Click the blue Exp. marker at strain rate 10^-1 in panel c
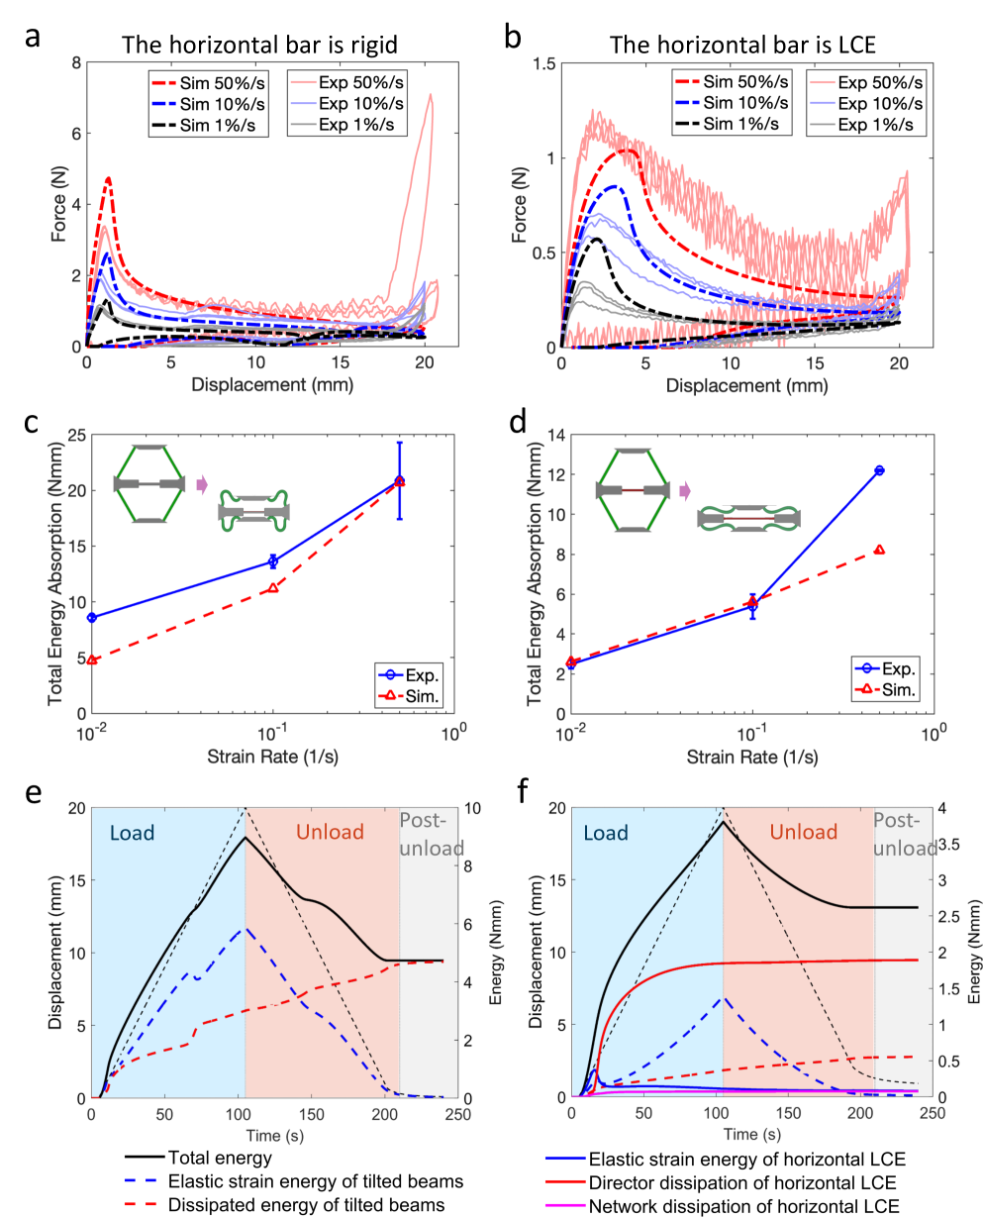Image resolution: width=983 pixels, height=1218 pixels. point(273,561)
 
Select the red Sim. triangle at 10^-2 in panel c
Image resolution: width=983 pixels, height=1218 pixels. point(92,660)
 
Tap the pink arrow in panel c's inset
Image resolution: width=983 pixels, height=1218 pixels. point(203,483)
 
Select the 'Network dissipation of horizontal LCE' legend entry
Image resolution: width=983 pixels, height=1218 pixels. point(728,1205)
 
